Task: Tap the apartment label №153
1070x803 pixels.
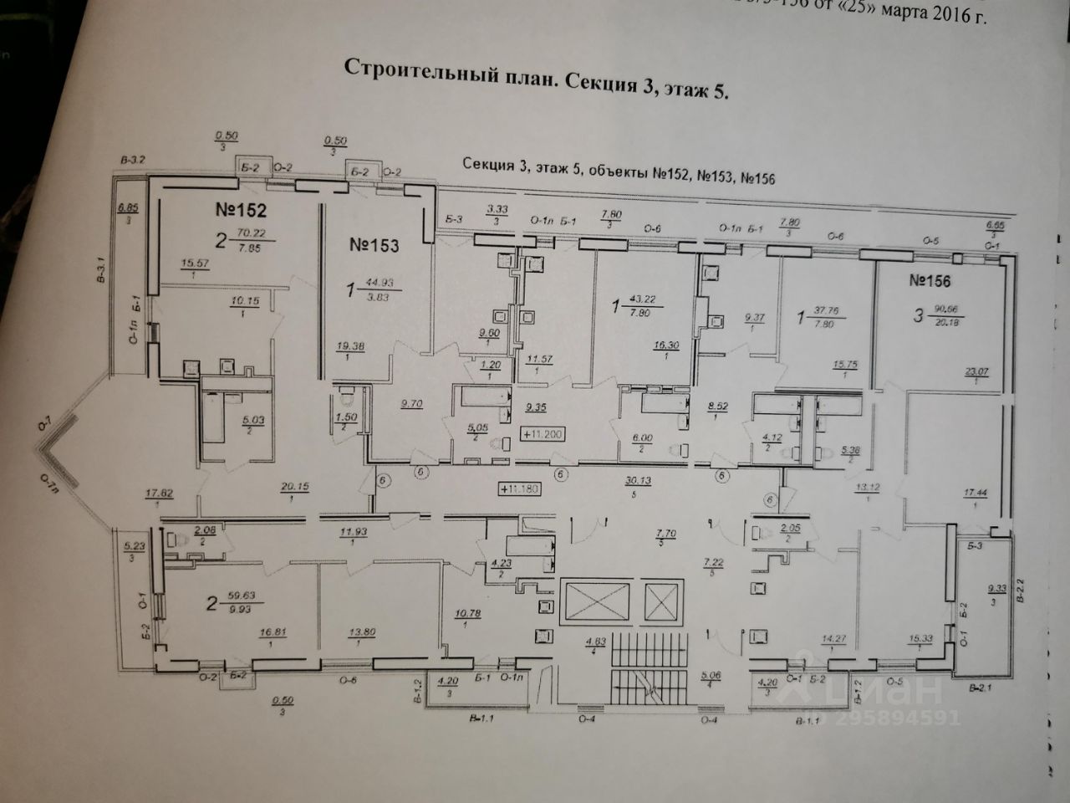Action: pos(373,246)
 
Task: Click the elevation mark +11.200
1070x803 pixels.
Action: pos(544,433)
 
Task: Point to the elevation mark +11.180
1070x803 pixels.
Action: pos(519,488)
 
